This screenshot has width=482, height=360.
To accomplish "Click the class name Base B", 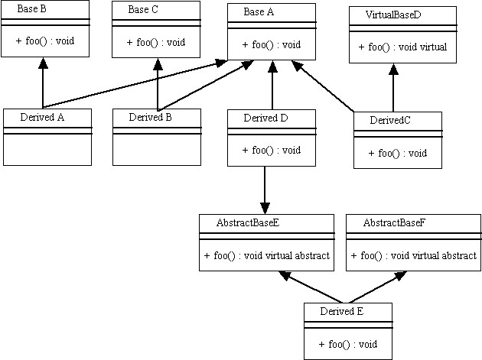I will (33, 10).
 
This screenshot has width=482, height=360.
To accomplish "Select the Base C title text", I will (143, 10).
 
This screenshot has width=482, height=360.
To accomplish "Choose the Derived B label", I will (150, 117).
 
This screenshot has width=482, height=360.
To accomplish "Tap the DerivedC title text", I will (390, 121).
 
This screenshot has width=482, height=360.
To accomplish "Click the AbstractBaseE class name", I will (248, 222).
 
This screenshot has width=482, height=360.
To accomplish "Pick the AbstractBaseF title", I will (394, 222).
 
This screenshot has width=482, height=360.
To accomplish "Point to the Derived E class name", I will (341, 311).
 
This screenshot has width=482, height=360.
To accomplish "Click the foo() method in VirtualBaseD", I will (402, 47).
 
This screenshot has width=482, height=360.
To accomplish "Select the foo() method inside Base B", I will (44, 40).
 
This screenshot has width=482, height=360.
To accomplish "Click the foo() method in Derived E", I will (348, 344).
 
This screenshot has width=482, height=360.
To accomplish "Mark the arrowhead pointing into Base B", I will (43, 64).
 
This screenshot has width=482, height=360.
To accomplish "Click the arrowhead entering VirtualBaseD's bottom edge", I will (393, 70).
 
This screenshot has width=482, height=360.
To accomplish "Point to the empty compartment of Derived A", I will (47, 149).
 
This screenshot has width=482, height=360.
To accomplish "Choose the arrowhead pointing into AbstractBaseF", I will (398, 277).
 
